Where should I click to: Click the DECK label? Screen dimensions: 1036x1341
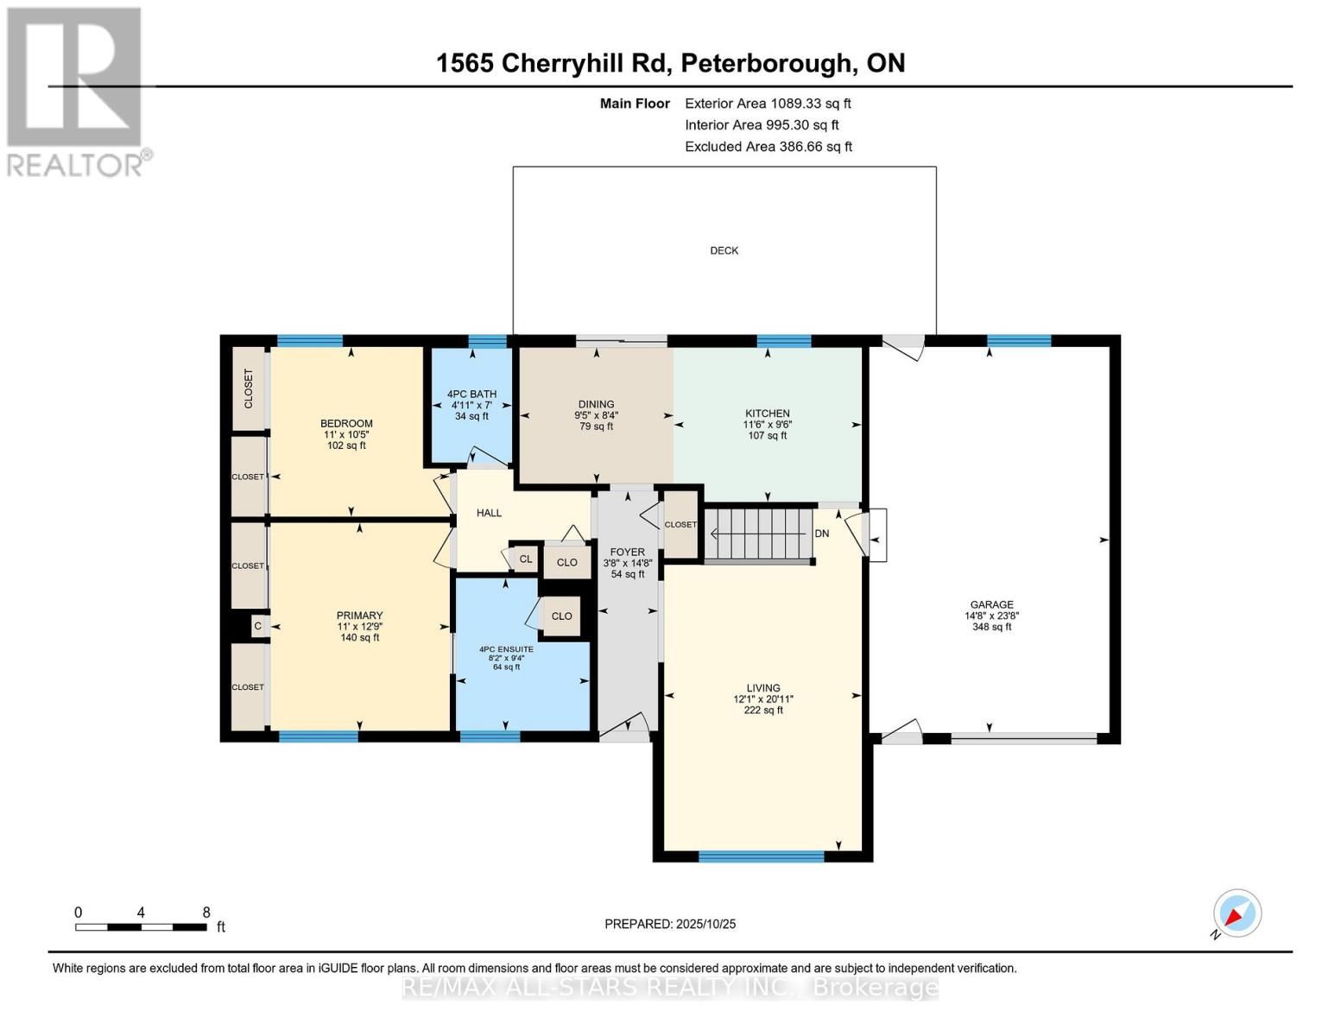click(724, 250)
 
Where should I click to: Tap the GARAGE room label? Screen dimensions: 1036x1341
click(990, 605)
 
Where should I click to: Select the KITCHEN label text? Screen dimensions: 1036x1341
click(767, 414)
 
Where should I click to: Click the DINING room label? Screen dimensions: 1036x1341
click(596, 404)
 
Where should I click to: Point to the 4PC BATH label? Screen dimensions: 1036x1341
click(471, 395)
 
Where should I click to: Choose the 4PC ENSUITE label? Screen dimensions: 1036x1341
click(506, 649)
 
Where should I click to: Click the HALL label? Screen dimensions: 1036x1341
click(489, 513)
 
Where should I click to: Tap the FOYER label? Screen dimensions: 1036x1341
click(627, 552)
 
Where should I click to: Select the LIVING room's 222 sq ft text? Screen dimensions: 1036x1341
click(763, 711)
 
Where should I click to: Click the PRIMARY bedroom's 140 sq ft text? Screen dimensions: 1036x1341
click(359, 637)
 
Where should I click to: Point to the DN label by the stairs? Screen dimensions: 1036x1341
click(821, 534)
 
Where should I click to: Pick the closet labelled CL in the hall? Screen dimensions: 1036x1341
click(524, 559)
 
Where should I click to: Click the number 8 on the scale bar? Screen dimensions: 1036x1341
click(206, 912)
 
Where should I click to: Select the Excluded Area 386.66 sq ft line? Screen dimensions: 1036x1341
click(768, 147)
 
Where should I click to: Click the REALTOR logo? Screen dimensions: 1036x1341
click(76, 91)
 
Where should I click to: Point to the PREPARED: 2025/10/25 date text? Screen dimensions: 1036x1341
click(670, 924)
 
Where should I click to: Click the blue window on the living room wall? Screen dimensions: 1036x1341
click(761, 856)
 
